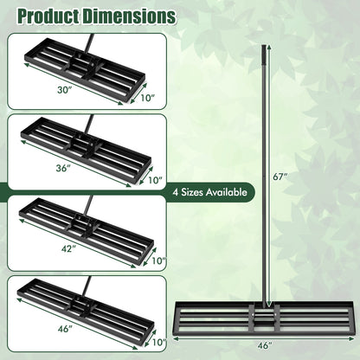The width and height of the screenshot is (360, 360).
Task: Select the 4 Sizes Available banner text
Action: [210, 192]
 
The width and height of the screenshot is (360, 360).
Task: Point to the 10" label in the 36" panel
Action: [153, 181]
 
